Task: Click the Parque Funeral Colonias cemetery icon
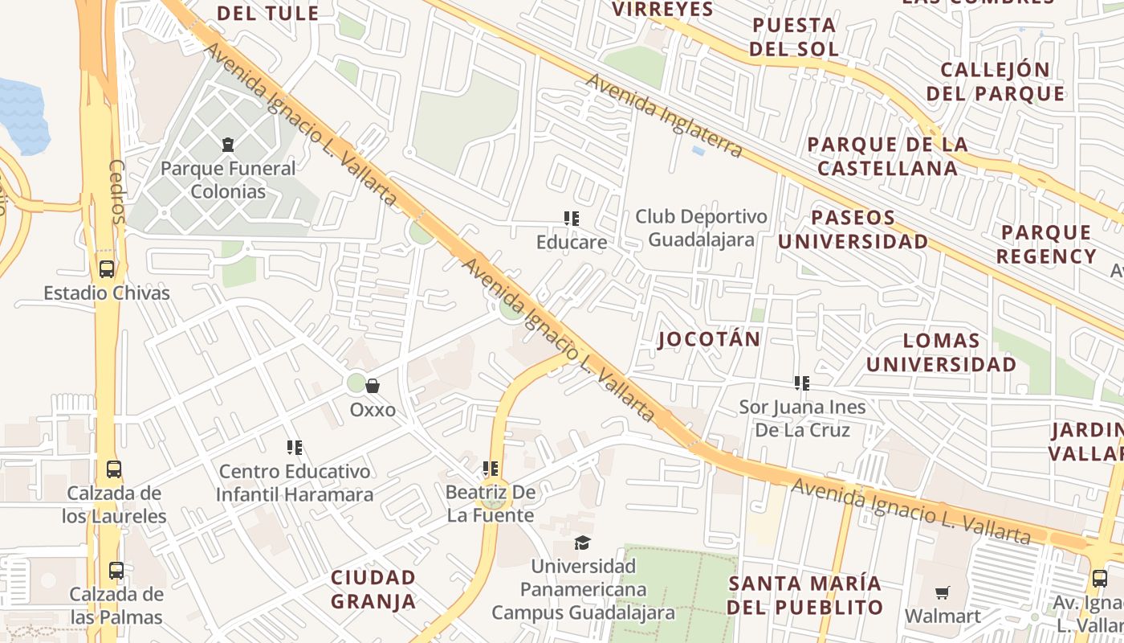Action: pyautogui.click(x=229, y=145)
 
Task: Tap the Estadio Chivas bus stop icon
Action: pyautogui.click(x=106, y=269)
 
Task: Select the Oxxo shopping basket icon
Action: pyautogui.click(x=373, y=386)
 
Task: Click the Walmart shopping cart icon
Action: pyautogui.click(x=942, y=592)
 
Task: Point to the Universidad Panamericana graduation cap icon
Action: pyautogui.click(x=582, y=543)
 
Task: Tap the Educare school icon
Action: pyautogui.click(x=571, y=218)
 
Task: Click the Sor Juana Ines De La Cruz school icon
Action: pyautogui.click(x=801, y=383)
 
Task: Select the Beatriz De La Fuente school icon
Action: pyautogui.click(x=490, y=468)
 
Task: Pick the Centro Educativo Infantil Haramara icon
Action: pyautogui.click(x=295, y=447)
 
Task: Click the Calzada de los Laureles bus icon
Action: pyautogui.click(x=114, y=469)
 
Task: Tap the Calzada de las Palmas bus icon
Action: pyautogui.click(x=116, y=571)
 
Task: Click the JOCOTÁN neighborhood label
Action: pyautogui.click(x=709, y=339)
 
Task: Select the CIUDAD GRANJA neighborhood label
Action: pyautogui.click(x=373, y=589)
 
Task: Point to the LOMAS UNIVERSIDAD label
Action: pyautogui.click(x=941, y=353)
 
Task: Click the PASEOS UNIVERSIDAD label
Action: pyautogui.click(x=853, y=229)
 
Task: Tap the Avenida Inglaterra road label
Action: pyautogui.click(x=664, y=116)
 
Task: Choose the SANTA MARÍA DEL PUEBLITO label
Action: pyautogui.click(x=804, y=595)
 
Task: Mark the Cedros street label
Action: pyautogui.click(x=117, y=191)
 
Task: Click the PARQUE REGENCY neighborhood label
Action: pyautogui.click(x=1046, y=244)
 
